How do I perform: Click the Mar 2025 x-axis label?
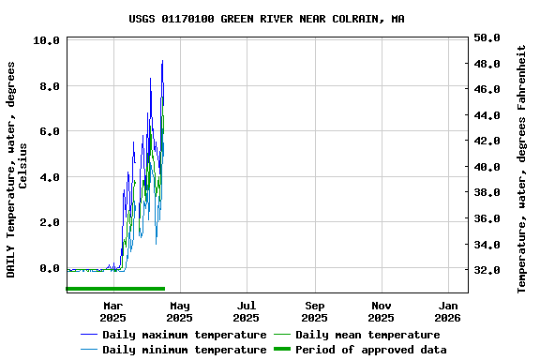(112, 311)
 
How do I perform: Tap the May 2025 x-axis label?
(179, 311)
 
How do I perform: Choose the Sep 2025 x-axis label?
(314, 311)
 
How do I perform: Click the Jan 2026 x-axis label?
(448, 311)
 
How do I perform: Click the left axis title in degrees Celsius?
(18, 169)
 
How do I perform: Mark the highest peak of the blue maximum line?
(162, 61)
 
